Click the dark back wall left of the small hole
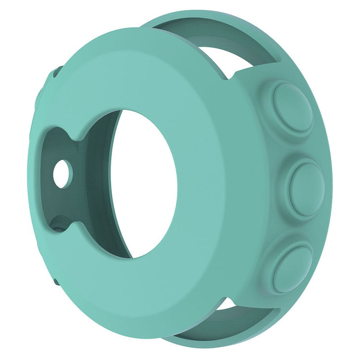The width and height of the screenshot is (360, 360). [x=48, y=163]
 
